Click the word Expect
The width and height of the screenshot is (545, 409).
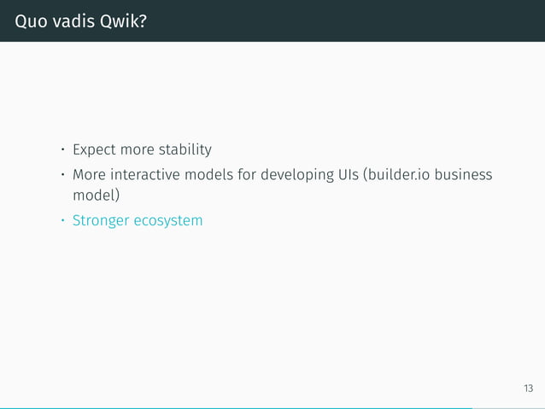coord(96,150)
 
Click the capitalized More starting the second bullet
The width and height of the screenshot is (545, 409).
coord(90,175)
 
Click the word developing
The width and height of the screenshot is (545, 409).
coord(298,175)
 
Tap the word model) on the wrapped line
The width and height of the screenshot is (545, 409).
coord(96,196)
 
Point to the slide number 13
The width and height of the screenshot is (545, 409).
coord(528,389)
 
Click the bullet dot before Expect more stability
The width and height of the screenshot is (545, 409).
coord(62,152)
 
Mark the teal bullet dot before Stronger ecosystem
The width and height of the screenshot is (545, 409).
coord(62,222)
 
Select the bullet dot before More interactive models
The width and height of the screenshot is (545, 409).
coord(62,176)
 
